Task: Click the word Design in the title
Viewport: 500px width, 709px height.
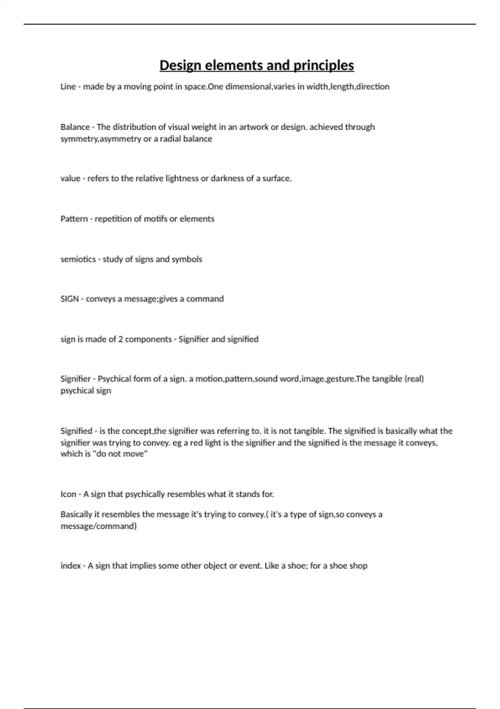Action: (x=180, y=65)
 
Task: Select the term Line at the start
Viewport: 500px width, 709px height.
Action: (x=68, y=87)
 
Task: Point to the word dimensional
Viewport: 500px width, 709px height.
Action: (x=248, y=87)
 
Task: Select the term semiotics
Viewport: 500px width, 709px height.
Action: (x=78, y=259)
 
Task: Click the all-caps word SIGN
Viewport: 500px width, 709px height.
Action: (x=70, y=299)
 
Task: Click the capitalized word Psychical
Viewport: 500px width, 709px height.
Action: (x=113, y=379)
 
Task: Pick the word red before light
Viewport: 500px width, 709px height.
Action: (x=197, y=443)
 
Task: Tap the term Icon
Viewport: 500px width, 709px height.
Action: (x=68, y=494)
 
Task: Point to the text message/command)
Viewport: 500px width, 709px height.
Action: (x=98, y=526)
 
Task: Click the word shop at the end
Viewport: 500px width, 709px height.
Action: (x=358, y=566)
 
